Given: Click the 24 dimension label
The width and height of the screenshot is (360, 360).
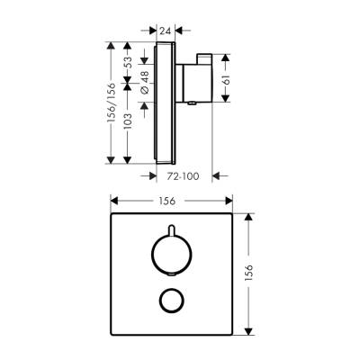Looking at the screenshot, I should tap(165, 30).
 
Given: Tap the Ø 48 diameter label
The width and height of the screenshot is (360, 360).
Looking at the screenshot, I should tap(143, 88).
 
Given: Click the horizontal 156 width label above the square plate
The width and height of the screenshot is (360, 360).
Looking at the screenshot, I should tap(167, 203).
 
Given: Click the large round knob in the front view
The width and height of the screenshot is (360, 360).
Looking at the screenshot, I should tap(167, 253).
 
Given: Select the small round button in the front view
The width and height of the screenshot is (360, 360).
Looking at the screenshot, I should tap(167, 300).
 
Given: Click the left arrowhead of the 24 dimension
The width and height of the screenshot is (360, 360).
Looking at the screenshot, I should tap(153, 30).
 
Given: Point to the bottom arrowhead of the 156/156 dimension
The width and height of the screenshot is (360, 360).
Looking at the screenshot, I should tap(112, 159).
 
